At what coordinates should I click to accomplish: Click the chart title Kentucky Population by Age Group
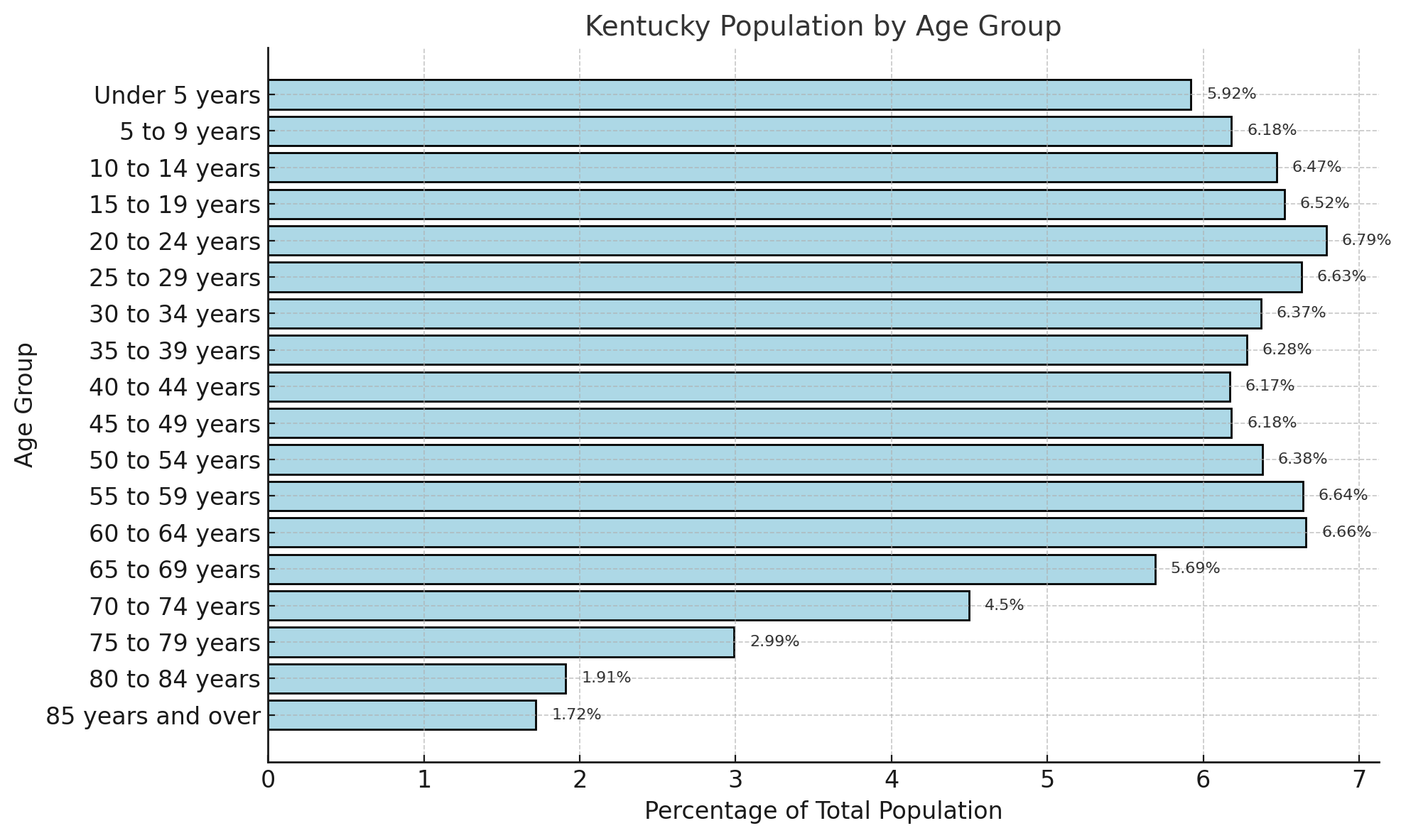tap(823, 27)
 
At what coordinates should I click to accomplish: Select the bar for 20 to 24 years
tap(797, 241)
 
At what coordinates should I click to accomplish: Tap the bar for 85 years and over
tap(402, 715)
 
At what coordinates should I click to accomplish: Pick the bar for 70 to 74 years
tap(618, 606)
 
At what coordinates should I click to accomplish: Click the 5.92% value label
tap(1231, 94)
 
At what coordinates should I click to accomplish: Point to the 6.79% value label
tap(1366, 240)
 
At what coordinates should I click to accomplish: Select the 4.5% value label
tap(1004, 605)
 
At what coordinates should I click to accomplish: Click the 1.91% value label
tap(606, 678)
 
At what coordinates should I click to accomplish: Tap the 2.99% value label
tap(774, 641)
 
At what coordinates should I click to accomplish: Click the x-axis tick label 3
tap(735, 780)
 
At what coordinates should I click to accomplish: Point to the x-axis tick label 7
tap(1359, 780)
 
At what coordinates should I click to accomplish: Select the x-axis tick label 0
tap(268, 780)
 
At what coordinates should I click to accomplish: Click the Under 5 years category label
tap(177, 95)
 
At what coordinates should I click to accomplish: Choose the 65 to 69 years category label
tap(175, 570)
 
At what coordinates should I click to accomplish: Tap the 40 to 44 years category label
tap(175, 387)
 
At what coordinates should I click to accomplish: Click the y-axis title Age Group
tap(25, 405)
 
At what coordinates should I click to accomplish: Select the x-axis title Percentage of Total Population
tap(823, 811)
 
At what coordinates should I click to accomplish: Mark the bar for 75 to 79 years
tap(501, 642)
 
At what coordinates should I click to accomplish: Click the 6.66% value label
tap(1346, 532)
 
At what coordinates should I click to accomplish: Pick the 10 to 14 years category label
tap(175, 168)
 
